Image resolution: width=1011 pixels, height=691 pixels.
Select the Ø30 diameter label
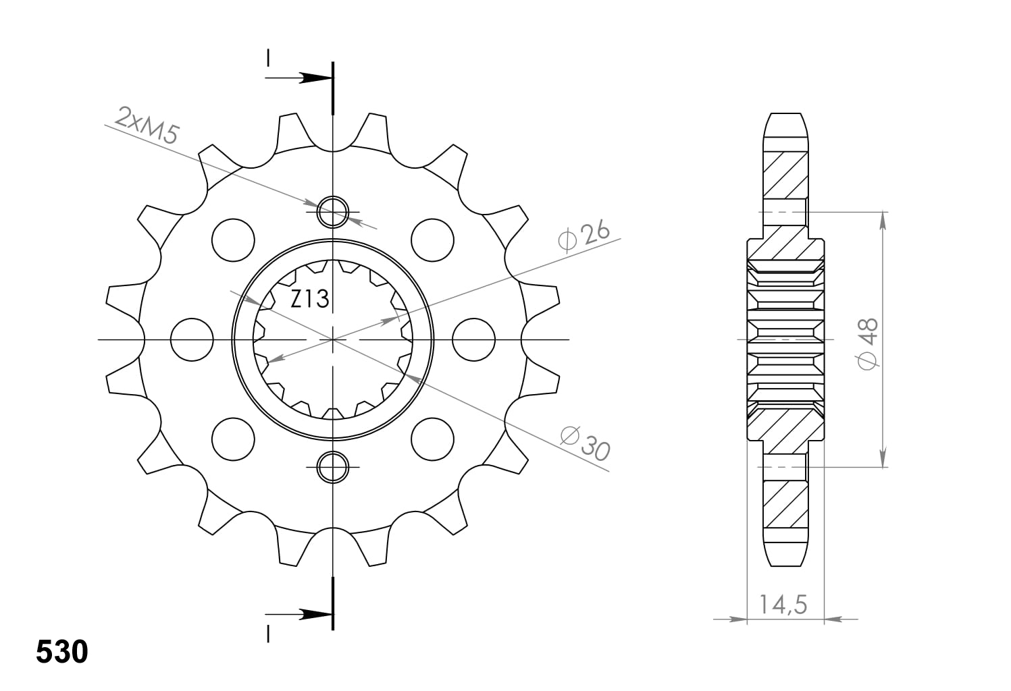click(x=585, y=443)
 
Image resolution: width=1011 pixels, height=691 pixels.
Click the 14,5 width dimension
click(x=783, y=604)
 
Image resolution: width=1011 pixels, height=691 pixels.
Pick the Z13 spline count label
click(x=310, y=298)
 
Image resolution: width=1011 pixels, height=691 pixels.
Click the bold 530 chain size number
click(x=61, y=652)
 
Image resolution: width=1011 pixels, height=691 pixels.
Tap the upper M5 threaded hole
click(x=332, y=211)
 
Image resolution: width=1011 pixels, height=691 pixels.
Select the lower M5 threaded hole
click(x=332, y=467)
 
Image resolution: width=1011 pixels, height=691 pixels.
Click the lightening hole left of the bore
click(x=192, y=339)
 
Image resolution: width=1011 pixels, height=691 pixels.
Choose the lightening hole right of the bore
click(x=473, y=339)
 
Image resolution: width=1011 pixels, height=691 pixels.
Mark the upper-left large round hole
click(x=233, y=240)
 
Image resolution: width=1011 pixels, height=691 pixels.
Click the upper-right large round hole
click(x=432, y=240)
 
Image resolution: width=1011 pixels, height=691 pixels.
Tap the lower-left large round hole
click(x=233, y=439)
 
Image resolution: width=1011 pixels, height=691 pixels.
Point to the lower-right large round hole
click(x=432, y=439)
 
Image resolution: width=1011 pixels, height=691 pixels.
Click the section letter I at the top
click(x=269, y=59)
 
